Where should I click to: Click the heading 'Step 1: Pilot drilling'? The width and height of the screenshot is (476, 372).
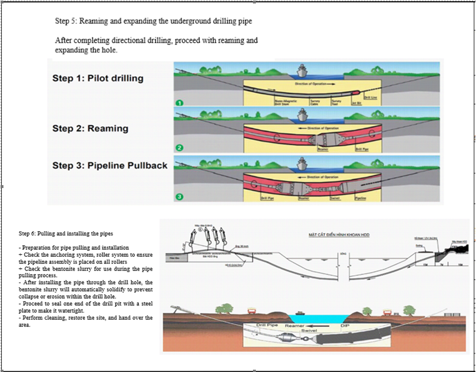click(x=97, y=78)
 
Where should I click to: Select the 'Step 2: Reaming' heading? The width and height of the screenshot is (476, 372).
click(x=90, y=128)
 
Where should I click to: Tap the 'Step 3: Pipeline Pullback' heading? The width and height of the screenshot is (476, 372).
click(x=109, y=166)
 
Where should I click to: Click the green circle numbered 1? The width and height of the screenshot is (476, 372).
click(x=180, y=102)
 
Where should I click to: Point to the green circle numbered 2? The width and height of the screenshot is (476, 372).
click(x=180, y=148)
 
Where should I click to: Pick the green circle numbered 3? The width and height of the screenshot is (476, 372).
click(x=180, y=197)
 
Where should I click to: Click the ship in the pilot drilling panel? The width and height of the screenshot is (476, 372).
click(x=303, y=73)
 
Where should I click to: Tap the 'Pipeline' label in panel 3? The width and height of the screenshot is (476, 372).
click(x=361, y=197)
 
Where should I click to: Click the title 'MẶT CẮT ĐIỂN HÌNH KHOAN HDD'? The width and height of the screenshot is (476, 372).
click(x=329, y=235)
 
